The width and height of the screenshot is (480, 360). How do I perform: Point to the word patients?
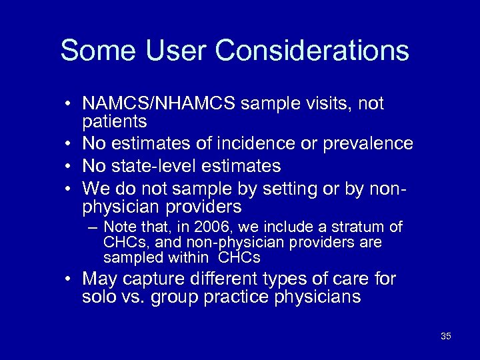pos(114,122)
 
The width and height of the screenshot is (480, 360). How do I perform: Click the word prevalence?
pos(370,144)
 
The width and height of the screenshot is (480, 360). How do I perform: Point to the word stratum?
pos(365,227)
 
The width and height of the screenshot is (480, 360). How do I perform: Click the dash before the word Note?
pos(94,227)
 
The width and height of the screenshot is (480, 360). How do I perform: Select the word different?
pos(222,279)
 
